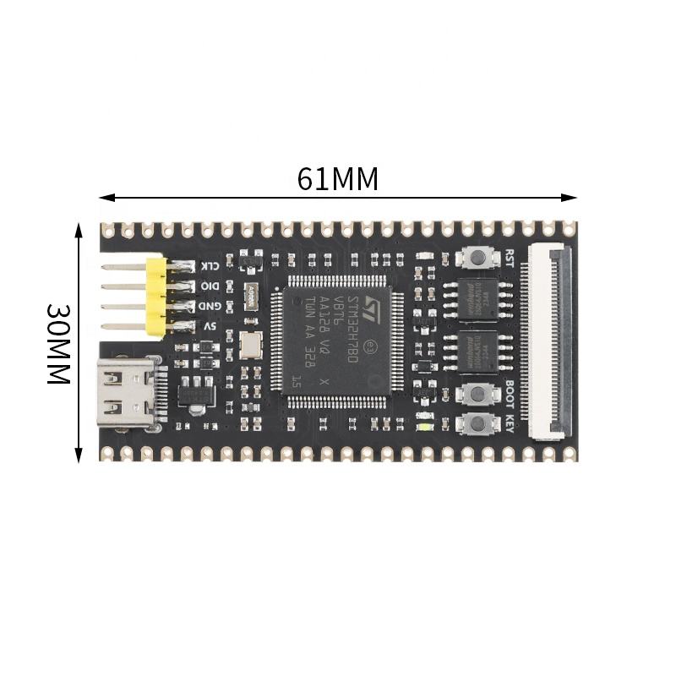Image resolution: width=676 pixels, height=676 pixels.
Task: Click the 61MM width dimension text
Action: [338, 179]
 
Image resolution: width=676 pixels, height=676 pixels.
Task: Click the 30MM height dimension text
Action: [57, 344]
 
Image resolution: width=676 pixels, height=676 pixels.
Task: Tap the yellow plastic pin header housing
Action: [155, 297]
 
